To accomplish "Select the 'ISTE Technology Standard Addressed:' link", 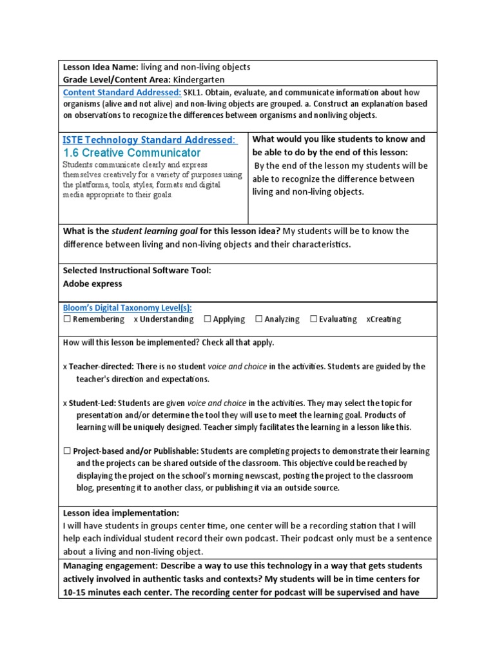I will click(x=150, y=140).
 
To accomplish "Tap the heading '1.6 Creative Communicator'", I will click(x=131, y=153).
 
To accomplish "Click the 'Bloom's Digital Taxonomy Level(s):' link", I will click(x=127, y=308).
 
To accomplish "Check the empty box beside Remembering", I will click(x=67, y=319).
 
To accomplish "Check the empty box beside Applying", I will click(x=208, y=319).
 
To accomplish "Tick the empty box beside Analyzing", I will click(x=258, y=319).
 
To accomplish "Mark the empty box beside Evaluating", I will click(x=313, y=319).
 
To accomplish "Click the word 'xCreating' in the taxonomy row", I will click(x=383, y=319).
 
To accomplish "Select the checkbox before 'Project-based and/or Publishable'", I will click(x=67, y=451).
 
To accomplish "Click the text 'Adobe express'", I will click(x=92, y=283).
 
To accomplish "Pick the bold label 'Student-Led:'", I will click(x=92, y=403).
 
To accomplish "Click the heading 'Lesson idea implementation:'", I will click(x=121, y=513).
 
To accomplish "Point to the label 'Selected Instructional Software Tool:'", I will click(x=137, y=271).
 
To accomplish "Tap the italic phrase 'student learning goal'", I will click(x=155, y=231).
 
